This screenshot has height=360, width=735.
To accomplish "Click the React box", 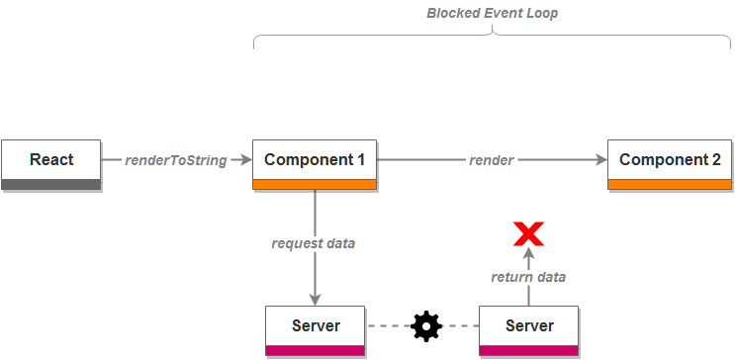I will coord(51,160).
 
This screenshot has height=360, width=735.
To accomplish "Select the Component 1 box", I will coord(315,160).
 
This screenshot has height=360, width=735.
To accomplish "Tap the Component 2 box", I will coord(670,160).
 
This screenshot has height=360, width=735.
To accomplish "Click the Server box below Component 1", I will coord(316,326).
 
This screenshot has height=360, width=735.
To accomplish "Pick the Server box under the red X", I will coord(528,326).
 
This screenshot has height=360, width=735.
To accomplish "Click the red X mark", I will coord(528,234).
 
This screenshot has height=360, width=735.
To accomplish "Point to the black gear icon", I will coord(425,325).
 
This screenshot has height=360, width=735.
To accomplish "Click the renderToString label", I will coord(176,160).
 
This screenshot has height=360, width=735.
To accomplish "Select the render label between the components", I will coord(491,160).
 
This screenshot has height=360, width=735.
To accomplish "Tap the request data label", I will coord(314,243).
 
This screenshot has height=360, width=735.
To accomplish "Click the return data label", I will coord(528,277).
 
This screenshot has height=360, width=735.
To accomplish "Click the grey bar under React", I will coord(51,184).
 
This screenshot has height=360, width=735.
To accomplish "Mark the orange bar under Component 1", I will coord(315,184).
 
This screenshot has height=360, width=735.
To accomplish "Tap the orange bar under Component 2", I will coord(670,184).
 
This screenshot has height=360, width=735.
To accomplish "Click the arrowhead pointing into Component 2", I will coord(601,160).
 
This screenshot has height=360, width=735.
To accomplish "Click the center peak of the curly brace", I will coord(492,29).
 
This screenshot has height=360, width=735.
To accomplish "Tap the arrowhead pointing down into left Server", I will coord(316,300).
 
